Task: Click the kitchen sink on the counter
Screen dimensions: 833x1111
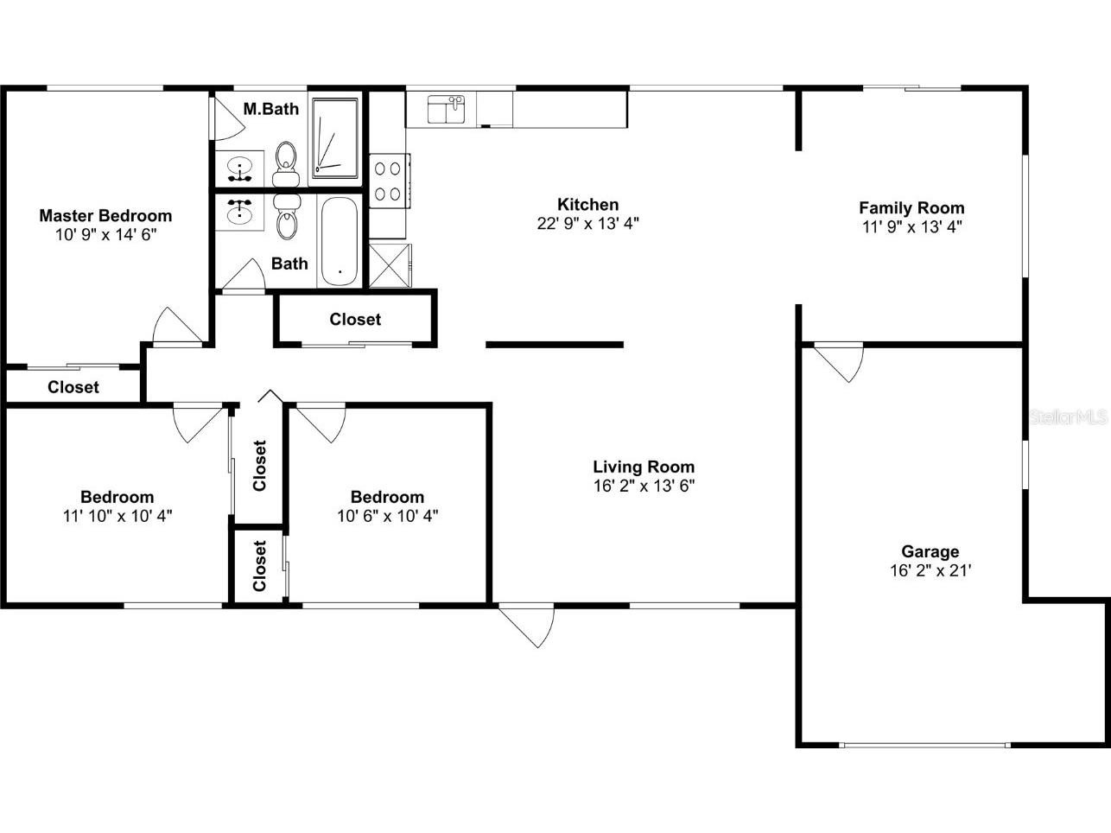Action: (x=448, y=110)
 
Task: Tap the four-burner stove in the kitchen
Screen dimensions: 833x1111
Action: (x=388, y=181)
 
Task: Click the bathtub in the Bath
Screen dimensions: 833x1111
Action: (x=338, y=243)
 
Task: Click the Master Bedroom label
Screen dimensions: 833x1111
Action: (x=105, y=216)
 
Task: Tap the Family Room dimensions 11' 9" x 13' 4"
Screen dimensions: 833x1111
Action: (x=911, y=226)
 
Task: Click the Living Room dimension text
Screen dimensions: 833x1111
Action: (x=644, y=486)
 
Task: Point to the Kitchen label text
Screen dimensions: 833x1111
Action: (x=587, y=205)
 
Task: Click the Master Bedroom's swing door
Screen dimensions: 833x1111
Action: (x=177, y=327)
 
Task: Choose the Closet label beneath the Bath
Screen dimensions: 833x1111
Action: (x=355, y=320)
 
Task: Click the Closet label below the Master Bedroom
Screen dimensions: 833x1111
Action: (x=73, y=387)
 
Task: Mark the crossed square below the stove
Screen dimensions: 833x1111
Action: (x=390, y=264)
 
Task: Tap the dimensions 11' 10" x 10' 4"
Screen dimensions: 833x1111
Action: (x=117, y=516)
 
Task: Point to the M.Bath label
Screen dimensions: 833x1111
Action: (x=270, y=109)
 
